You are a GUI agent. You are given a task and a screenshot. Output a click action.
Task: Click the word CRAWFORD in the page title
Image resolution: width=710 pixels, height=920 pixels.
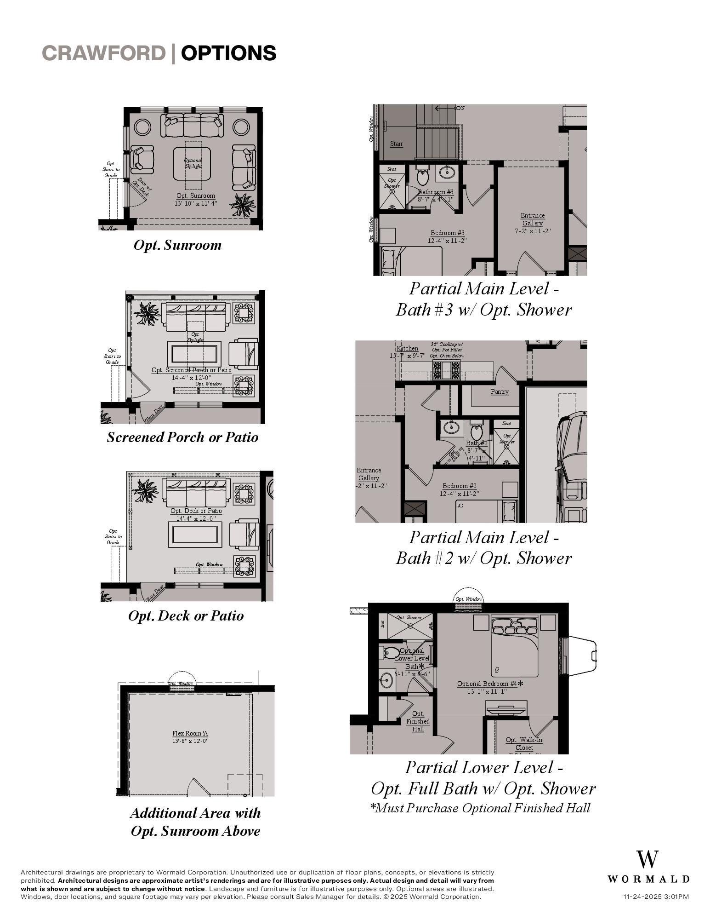[103, 53]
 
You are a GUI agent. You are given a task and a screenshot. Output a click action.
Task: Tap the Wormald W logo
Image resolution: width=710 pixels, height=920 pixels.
[648, 859]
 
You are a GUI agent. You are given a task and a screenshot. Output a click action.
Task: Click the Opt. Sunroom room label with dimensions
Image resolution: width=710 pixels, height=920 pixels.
[196, 199]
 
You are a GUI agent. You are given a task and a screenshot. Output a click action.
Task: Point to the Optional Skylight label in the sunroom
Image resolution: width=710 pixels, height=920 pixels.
[193, 163]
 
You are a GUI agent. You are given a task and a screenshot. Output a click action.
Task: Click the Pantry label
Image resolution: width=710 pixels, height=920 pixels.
[500, 391]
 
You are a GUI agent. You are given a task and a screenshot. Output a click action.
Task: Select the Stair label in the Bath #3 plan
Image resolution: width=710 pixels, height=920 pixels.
[396, 144]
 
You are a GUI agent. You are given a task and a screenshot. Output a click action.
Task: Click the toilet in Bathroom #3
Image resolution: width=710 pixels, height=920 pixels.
[423, 176]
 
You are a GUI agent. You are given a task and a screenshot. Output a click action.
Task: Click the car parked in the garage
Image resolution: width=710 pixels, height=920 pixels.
[571, 465]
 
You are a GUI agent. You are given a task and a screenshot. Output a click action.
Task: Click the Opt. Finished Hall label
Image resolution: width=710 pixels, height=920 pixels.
[418, 721]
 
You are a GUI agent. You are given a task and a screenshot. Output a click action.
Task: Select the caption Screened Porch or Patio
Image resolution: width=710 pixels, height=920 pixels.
[182, 437]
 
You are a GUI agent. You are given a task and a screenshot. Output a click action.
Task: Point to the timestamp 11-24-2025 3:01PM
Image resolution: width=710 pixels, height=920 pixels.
[656, 897]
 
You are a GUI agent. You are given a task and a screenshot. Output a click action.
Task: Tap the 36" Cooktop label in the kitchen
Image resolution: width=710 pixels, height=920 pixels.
[447, 350]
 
